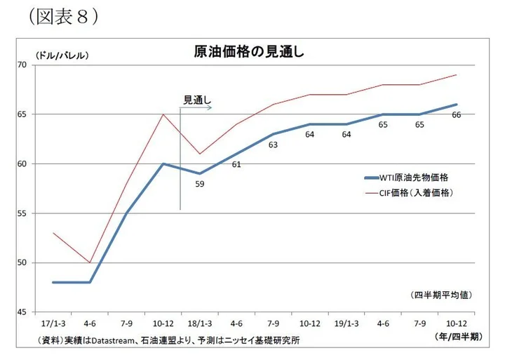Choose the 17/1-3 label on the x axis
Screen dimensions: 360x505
point(53,325)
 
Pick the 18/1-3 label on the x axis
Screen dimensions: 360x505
point(200,325)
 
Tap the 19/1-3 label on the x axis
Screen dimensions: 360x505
point(346,325)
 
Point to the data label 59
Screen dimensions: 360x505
point(200,185)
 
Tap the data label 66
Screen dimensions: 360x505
point(457,115)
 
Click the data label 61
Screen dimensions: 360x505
point(236,164)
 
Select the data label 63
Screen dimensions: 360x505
point(273,145)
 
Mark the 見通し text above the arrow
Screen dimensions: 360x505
point(196,100)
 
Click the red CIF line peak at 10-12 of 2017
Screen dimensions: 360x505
point(163,114)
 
